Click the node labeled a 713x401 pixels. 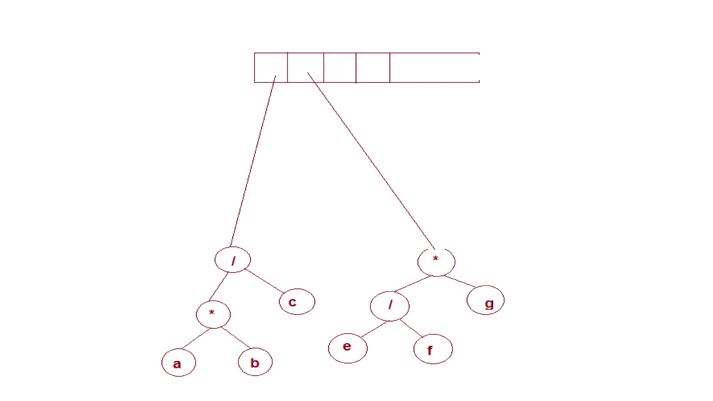(179, 363)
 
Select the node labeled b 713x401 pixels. (255, 362)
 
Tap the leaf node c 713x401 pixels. (297, 302)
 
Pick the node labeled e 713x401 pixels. (347, 348)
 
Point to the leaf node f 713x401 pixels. (433, 349)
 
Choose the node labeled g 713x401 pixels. (485, 300)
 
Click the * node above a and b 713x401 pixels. (213, 314)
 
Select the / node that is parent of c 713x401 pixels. (233, 260)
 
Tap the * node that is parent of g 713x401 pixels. (436, 262)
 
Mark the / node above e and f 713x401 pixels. (390, 306)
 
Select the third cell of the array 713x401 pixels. (340, 68)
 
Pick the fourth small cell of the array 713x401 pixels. (373, 68)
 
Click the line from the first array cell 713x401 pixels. (253, 160)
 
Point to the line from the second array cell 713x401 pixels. (371, 161)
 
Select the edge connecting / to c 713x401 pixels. (264, 281)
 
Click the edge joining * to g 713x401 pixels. (460, 281)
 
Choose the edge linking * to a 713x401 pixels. (196, 338)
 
